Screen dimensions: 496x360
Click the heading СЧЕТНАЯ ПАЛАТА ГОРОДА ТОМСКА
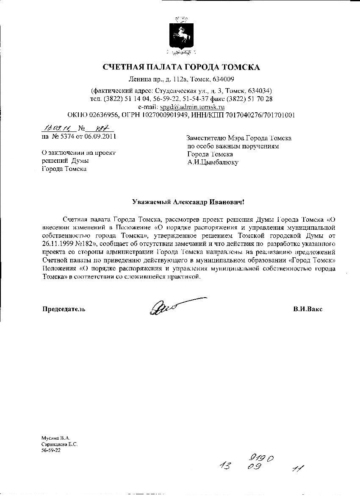click(181, 67)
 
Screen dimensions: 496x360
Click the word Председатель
click(63, 309)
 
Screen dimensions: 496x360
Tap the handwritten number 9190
click(259, 459)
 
